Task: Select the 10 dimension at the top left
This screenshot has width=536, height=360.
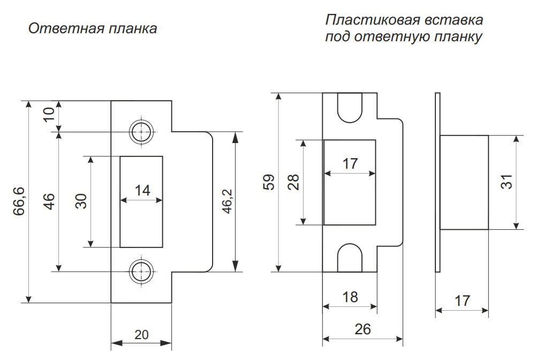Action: (49, 115)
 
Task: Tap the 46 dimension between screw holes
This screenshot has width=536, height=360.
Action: (49, 201)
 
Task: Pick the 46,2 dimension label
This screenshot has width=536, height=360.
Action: (227, 201)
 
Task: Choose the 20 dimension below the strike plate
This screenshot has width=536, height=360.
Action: (141, 335)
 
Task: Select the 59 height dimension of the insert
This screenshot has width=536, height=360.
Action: (270, 182)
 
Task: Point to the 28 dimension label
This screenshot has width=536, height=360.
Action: (293, 182)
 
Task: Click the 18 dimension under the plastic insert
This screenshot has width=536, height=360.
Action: (350, 297)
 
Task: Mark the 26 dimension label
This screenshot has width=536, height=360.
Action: (363, 329)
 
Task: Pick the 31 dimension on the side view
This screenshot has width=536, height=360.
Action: (507, 182)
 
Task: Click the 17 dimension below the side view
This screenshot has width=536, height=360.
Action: (462, 301)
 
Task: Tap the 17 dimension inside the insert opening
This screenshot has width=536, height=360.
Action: (350, 164)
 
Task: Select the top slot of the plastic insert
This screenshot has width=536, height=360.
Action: (350, 106)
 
